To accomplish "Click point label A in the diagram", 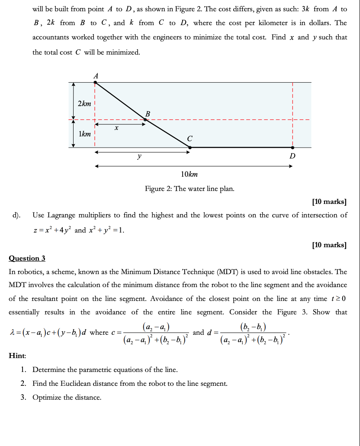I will pos(96,76).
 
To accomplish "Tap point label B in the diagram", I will pos(148,113).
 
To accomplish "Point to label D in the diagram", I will pos(292,156).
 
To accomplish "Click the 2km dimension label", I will pos(84,103).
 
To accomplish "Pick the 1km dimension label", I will pos(85,134).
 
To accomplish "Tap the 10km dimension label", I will pos(190,174).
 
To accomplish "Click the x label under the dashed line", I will pos(116,129).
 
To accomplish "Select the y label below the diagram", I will pos(138,157).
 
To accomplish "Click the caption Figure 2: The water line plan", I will pos(190,189).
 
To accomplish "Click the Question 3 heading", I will pos(27,259).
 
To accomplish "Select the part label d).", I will pos(16,215).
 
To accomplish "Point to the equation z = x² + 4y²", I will pos(52,230).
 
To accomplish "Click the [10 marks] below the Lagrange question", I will pos(329,245).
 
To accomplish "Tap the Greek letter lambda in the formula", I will pos(11,333).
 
